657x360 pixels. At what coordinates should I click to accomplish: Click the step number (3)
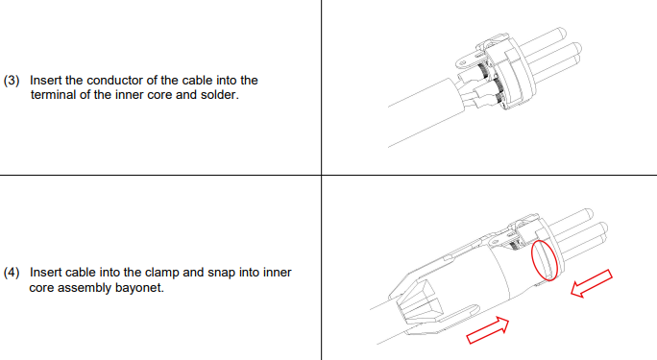click(x=12, y=81)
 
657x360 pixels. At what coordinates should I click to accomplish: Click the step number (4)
click(x=12, y=273)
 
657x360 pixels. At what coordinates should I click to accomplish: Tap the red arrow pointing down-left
click(x=592, y=283)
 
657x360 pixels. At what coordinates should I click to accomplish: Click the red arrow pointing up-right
click(x=488, y=330)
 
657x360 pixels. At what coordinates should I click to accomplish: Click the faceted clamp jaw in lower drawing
click(x=419, y=302)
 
